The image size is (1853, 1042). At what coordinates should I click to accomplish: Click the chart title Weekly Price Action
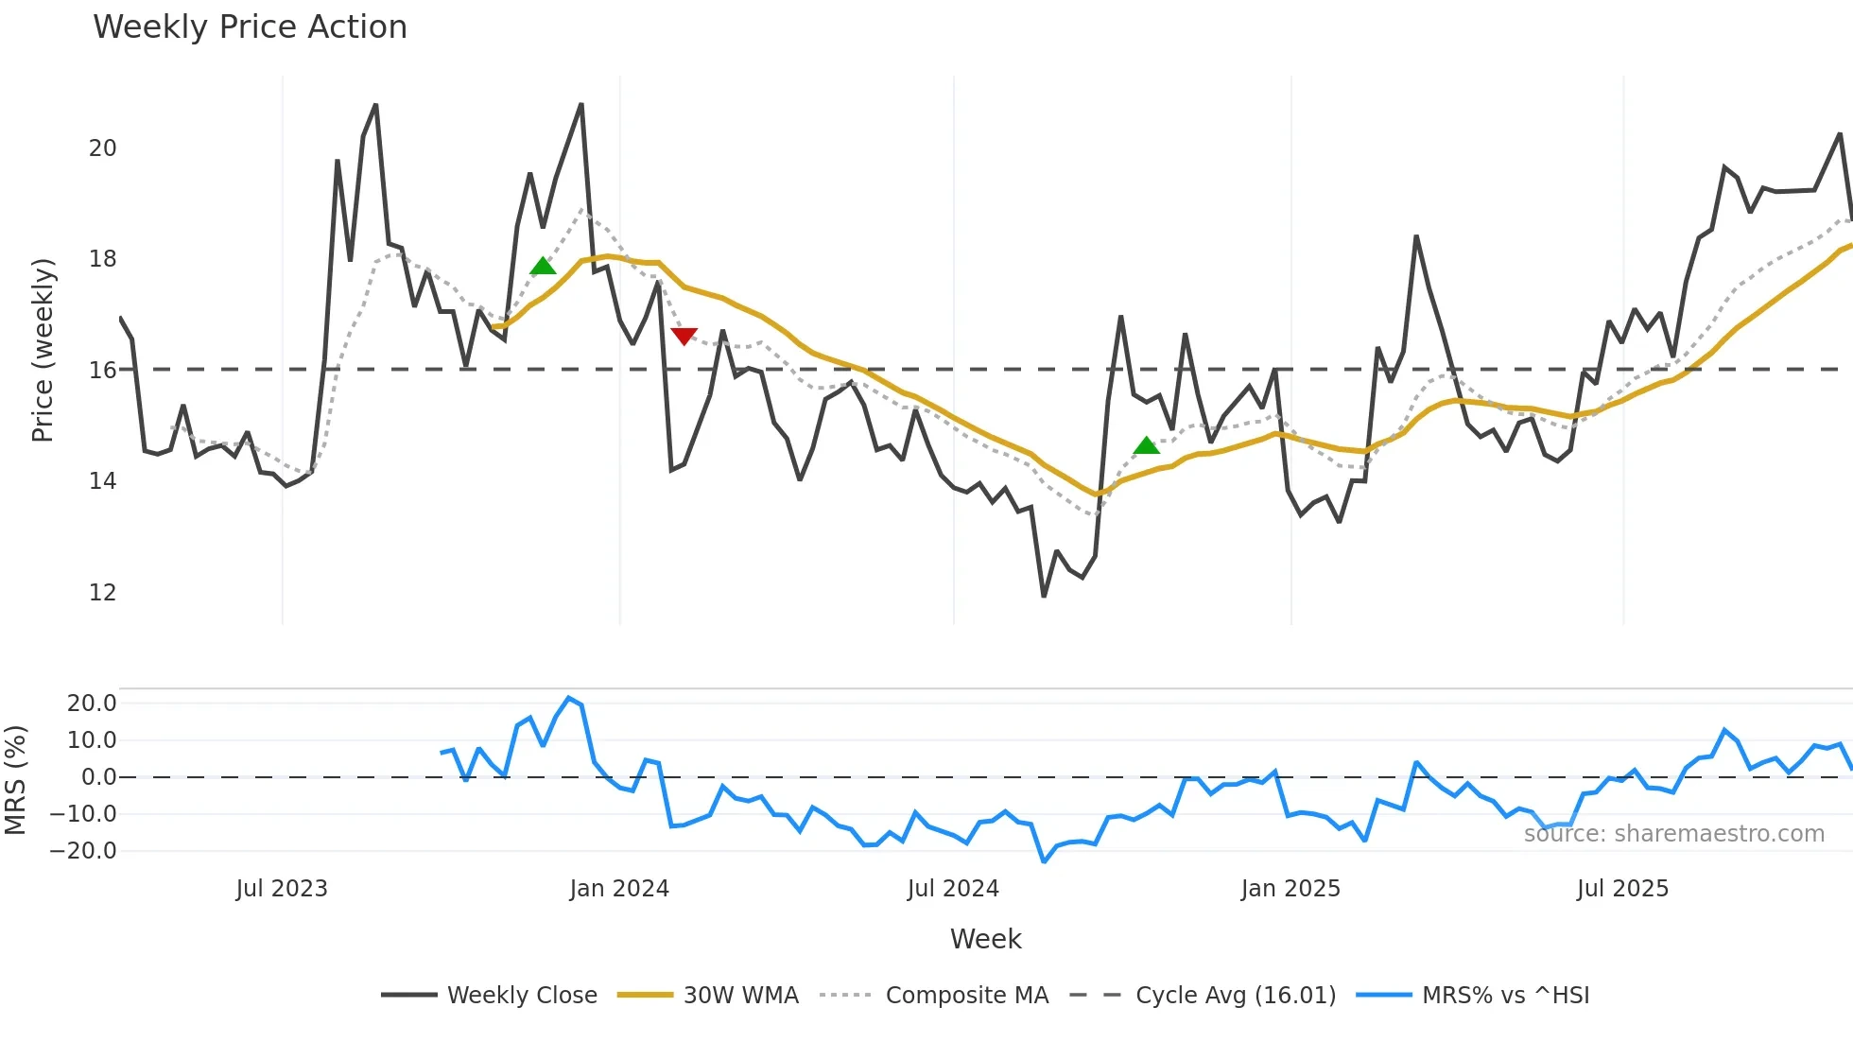250,27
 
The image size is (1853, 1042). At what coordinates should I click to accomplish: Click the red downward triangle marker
684,337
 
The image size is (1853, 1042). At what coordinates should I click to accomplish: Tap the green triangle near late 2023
543,266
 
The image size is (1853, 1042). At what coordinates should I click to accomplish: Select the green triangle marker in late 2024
1146,445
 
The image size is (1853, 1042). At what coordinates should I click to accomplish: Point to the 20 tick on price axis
102,148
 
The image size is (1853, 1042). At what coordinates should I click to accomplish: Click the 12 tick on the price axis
102,593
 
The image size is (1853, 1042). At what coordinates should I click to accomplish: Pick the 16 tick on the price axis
102,371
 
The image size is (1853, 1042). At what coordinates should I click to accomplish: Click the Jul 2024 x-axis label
953,889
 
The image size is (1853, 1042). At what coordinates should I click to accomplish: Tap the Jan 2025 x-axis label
1290,889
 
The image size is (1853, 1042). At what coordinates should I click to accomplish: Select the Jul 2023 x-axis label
282,889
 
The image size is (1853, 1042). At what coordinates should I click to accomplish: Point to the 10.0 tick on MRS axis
92,740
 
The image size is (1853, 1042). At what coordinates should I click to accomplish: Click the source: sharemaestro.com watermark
1673,834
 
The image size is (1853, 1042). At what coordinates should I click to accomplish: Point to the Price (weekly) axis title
43,350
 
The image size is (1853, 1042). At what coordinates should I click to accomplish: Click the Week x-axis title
985,939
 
